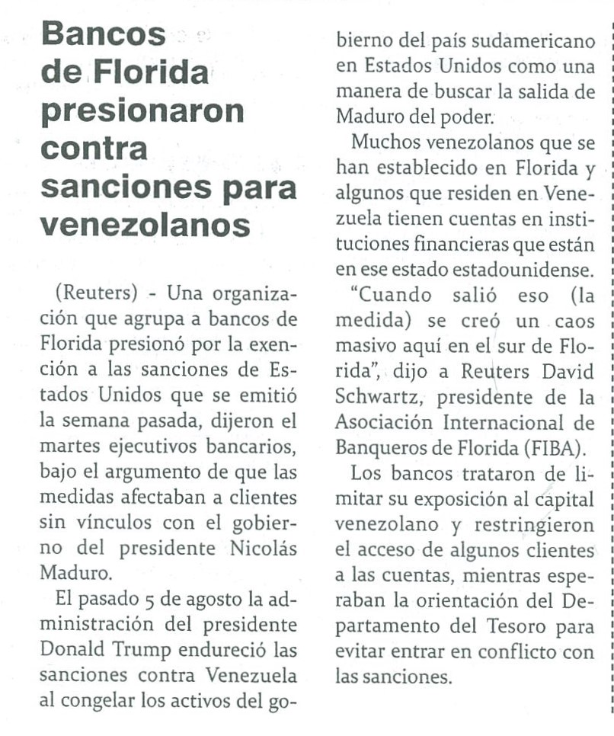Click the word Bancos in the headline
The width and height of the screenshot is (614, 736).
pos(103,34)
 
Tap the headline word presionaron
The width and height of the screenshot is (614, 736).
pos(142,111)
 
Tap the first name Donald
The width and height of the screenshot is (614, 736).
pos(75,650)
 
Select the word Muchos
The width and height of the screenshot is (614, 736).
pos(389,142)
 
